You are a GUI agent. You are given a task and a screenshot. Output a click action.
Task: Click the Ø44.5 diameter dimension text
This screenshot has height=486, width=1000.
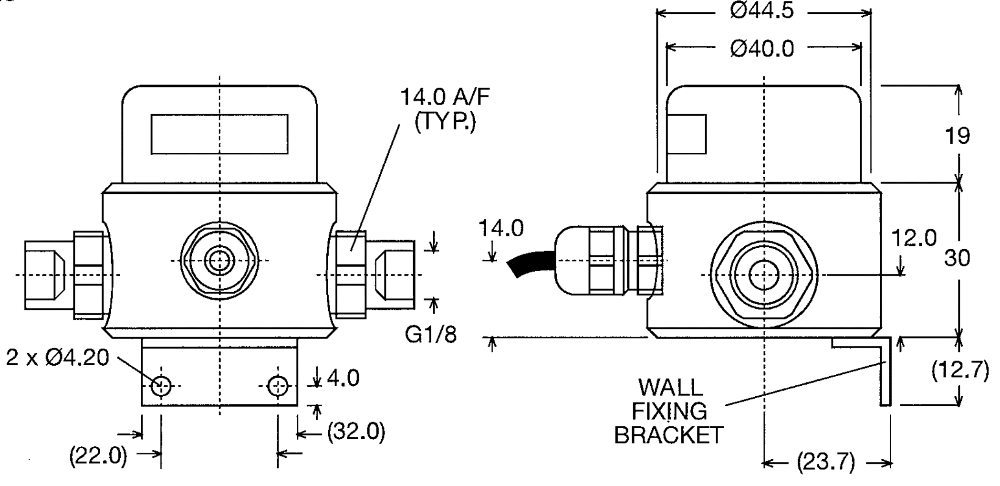click(762, 11)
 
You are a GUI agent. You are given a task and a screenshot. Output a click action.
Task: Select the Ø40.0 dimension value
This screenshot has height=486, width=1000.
click(762, 49)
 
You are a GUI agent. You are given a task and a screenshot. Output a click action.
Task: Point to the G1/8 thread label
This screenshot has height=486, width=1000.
click(430, 335)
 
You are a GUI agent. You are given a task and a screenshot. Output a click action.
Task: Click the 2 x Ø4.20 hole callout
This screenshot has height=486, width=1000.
click(57, 358)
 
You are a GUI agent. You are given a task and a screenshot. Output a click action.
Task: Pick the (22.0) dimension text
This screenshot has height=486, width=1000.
click(98, 456)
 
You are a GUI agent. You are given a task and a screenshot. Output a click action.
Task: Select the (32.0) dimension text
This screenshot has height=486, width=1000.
click(356, 432)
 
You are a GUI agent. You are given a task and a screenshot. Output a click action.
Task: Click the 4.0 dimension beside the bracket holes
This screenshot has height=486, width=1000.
click(343, 379)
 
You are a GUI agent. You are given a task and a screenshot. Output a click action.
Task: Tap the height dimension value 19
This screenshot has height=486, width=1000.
click(957, 136)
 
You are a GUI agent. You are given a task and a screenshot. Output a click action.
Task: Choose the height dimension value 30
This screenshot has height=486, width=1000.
click(957, 258)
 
